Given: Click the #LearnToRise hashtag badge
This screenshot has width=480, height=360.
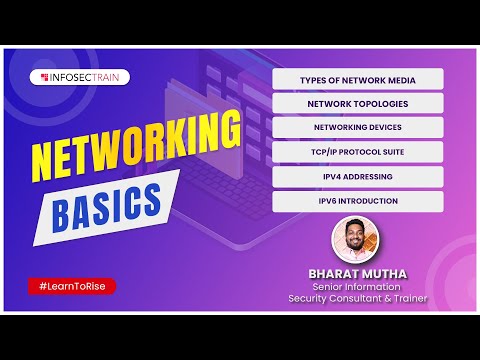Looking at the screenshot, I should (71, 286).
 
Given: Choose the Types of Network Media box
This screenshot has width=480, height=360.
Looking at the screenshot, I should (357, 79).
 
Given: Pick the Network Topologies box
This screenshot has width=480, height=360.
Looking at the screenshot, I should (357, 103).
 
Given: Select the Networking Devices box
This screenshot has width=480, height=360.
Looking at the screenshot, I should (357, 127).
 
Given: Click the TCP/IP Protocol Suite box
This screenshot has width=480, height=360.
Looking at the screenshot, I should (357, 152).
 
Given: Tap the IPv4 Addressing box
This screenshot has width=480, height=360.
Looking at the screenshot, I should (357, 176).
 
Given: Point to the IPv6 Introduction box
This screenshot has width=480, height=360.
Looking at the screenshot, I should (357, 200).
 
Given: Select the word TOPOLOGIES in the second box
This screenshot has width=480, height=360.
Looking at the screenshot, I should (379, 103).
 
